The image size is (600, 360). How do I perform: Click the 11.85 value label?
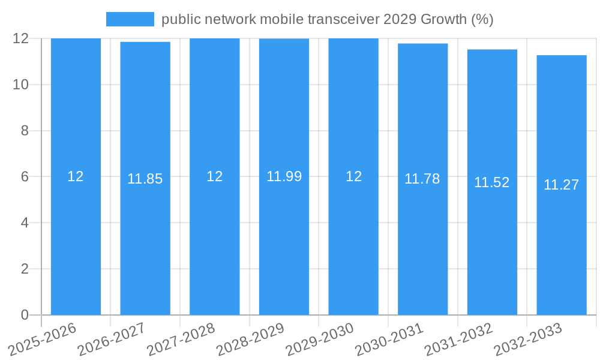click(145, 179)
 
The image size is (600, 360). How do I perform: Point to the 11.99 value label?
click(284, 176)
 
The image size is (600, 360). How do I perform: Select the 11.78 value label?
click(422, 179)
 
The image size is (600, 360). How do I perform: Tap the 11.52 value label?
click(492, 182)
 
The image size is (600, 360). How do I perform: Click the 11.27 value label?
click(561, 185)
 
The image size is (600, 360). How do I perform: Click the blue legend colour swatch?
click(130, 19)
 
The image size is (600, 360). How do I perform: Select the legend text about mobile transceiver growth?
click(327, 19)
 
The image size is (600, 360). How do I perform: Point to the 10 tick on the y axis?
click(21, 85)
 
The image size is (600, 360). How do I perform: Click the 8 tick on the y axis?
click(25, 131)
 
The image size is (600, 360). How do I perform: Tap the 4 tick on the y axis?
click(25, 223)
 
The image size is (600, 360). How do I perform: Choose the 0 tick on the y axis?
click(25, 315)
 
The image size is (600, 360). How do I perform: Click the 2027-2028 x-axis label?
click(181, 340)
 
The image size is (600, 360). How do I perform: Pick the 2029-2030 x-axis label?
click(319, 340)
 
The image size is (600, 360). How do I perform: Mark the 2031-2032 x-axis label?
click(458, 340)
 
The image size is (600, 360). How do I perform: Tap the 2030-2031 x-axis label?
click(389, 340)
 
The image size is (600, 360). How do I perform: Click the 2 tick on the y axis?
click(25, 269)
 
